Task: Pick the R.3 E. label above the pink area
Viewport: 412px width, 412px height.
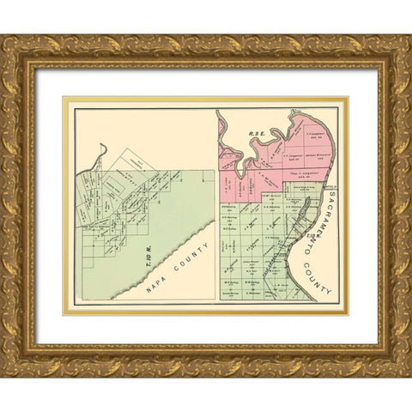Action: (x=255, y=134)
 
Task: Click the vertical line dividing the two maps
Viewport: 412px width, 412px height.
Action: (x=215, y=206)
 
